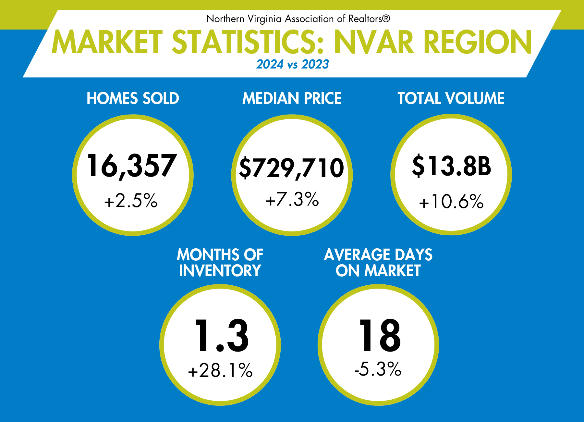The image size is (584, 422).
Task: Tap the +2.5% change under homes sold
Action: pos(131,201)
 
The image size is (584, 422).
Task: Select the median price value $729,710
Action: pos(291,168)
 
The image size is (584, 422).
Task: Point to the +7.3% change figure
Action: pos(292,199)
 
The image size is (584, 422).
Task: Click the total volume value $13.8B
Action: pos(451,166)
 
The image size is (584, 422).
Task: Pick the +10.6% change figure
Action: pos(451,201)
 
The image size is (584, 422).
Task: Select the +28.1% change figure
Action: pos(220,370)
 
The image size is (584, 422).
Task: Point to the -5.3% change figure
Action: pos(378,369)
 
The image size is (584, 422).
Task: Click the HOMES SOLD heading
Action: pos(133,98)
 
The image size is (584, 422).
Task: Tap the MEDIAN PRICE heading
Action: pos(292,98)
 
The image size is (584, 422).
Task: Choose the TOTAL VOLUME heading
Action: pos(451,98)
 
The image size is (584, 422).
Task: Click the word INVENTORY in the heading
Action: pos(220,271)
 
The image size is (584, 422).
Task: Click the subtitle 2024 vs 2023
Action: pos(292,64)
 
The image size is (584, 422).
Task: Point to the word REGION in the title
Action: pos(478,42)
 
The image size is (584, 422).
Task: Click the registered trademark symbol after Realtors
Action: pos(386,19)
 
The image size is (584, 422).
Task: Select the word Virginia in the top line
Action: pos(264,19)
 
